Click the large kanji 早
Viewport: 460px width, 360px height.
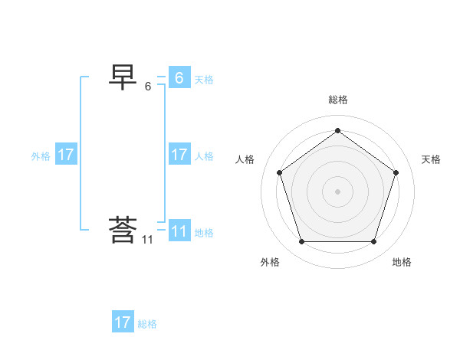tap(123, 77)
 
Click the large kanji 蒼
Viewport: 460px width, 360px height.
tap(123, 229)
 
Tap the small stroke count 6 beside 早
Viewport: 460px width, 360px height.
tap(148, 87)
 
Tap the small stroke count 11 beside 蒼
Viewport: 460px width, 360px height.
tap(147, 240)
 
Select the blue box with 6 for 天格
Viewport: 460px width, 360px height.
tap(179, 78)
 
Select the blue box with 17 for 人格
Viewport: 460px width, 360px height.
tap(179, 155)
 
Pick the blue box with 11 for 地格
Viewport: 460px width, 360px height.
tap(179, 231)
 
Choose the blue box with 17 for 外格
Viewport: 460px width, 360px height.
tap(66, 155)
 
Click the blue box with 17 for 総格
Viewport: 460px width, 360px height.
tap(123, 322)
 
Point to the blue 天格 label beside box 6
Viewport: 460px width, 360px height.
tap(204, 80)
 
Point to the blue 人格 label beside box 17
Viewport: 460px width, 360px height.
tap(204, 156)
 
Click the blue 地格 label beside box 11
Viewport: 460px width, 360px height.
tap(204, 233)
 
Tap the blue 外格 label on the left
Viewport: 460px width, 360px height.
tap(41, 156)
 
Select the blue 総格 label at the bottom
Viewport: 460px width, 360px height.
tap(147, 324)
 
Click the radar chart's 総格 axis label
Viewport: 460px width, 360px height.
tap(337, 100)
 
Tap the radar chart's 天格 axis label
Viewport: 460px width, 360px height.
tap(431, 159)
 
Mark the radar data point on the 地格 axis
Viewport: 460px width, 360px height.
tap(373, 242)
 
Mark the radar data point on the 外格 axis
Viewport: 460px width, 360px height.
tap(301, 242)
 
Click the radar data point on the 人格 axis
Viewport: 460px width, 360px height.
tap(279, 172)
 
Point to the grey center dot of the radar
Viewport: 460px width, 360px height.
tap(337, 191)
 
